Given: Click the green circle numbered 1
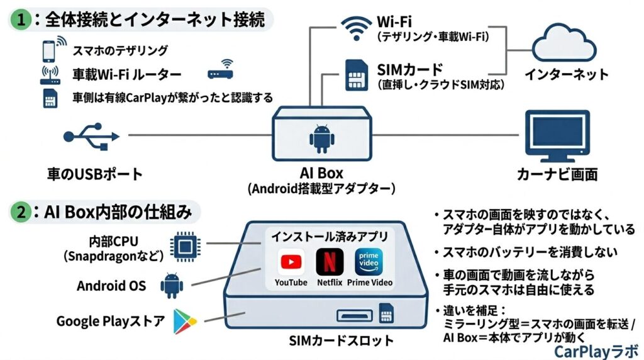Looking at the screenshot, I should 20,19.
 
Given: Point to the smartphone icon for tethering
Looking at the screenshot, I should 48,50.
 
